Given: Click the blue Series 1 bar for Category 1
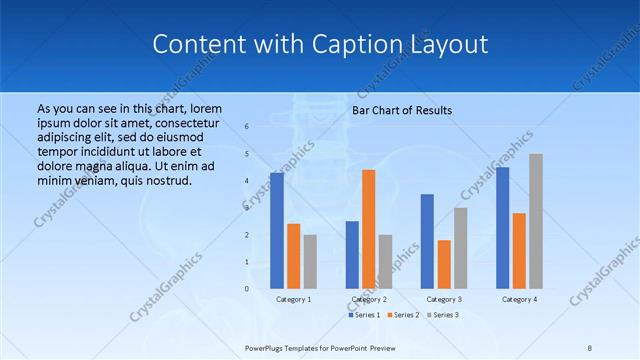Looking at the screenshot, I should [277, 231].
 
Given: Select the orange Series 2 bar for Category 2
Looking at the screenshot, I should [369, 229].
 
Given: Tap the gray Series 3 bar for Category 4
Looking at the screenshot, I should [536, 221].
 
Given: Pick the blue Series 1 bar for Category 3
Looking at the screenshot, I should [427, 241].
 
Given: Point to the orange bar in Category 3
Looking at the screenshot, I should [444, 264].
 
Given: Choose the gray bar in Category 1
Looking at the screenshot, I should [310, 261].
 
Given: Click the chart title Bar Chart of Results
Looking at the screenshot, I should [402, 110].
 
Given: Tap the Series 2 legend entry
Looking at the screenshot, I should [403, 315].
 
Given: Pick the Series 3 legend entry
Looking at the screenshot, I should [443, 315].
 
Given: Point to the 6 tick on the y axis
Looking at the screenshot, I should [247, 127].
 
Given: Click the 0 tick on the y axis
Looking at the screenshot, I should [247, 289].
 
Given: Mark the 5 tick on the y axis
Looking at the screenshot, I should [247, 154].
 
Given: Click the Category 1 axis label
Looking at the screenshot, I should [294, 299].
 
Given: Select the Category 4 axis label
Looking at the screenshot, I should [519, 299].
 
